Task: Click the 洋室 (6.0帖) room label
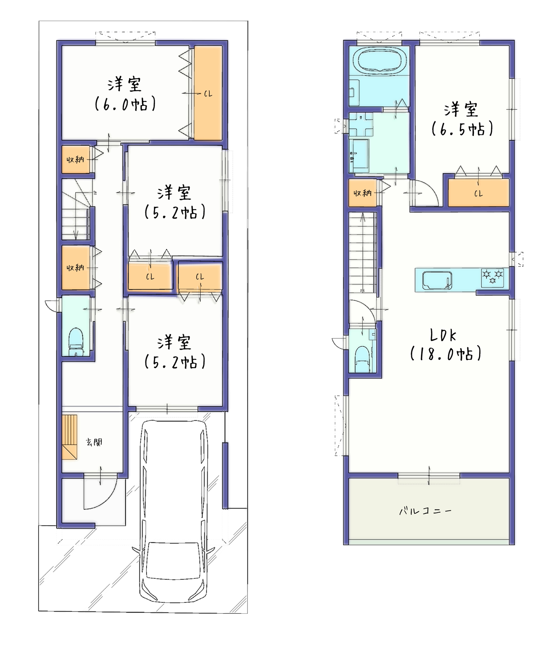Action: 125,94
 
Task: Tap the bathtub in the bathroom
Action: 379,60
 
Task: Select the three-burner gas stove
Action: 492,277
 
